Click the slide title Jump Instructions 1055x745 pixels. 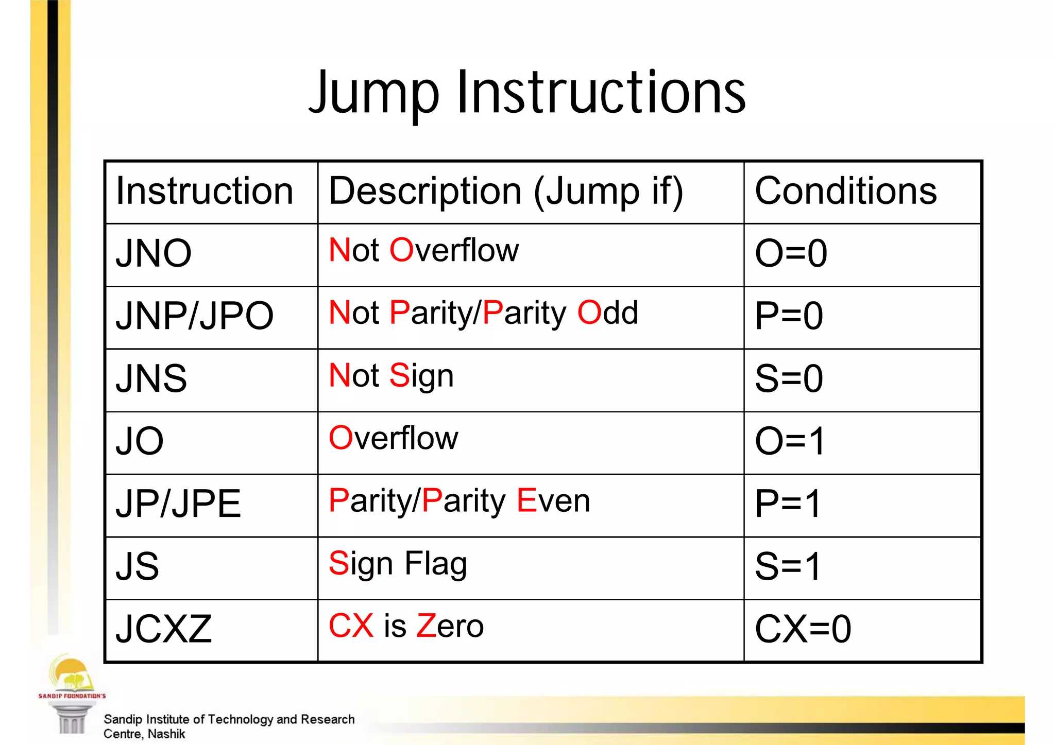527,93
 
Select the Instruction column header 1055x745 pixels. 205,191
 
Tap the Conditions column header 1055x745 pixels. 845,191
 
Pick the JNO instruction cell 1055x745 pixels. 154,253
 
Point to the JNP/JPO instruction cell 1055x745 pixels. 194,316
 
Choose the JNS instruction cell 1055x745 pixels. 151,378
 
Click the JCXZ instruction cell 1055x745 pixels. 164,629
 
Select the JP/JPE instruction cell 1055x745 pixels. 178,504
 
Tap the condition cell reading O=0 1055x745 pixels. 791,253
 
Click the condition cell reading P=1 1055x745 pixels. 788,504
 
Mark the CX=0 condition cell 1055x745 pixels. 803,629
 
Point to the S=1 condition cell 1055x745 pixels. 788,566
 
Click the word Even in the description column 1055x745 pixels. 553,500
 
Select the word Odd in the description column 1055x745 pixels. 607,313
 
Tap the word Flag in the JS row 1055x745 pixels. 436,564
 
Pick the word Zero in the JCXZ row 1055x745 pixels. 450,626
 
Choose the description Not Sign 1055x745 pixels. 391,376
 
